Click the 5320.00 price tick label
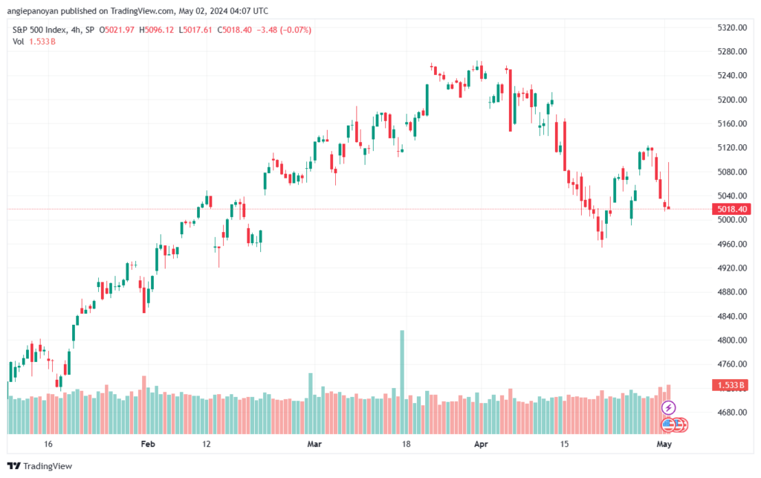pyautogui.click(x=732, y=28)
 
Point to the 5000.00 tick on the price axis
pyautogui.click(x=732, y=220)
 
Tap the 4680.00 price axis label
pyautogui.click(x=732, y=413)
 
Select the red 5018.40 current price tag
pyautogui.click(x=731, y=209)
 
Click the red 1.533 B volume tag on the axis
pyautogui.click(x=731, y=385)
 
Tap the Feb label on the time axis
pyautogui.click(x=148, y=444)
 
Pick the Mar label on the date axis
pyautogui.click(x=314, y=444)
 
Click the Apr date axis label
pyautogui.click(x=481, y=444)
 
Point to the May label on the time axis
pyautogui.click(x=664, y=444)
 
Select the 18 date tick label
pyautogui.click(x=406, y=444)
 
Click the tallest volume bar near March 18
pyautogui.click(x=402, y=382)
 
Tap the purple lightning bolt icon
pyautogui.click(x=668, y=407)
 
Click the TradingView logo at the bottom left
pyautogui.click(x=40, y=466)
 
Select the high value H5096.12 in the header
pyautogui.click(x=156, y=30)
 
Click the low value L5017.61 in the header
pyautogui.click(x=195, y=30)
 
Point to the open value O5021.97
pyautogui.click(x=117, y=30)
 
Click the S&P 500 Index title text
pyautogui.click(x=39, y=30)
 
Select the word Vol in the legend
pyautogui.click(x=19, y=42)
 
